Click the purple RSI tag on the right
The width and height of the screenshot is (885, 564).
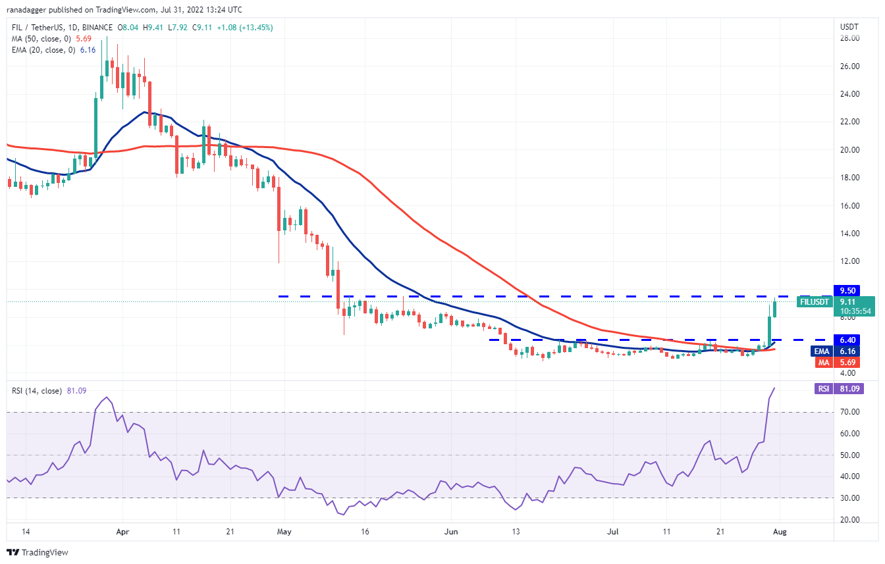823,389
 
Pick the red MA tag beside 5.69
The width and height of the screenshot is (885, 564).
823,362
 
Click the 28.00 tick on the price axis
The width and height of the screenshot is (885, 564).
847,38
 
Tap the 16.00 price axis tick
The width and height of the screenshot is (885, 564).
847,205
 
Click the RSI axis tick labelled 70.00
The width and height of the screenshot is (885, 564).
847,412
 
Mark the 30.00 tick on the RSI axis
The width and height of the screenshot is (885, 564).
847,498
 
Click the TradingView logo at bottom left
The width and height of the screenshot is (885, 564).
38,552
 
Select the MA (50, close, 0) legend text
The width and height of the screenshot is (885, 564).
41,38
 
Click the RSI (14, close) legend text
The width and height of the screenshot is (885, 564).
36,391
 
